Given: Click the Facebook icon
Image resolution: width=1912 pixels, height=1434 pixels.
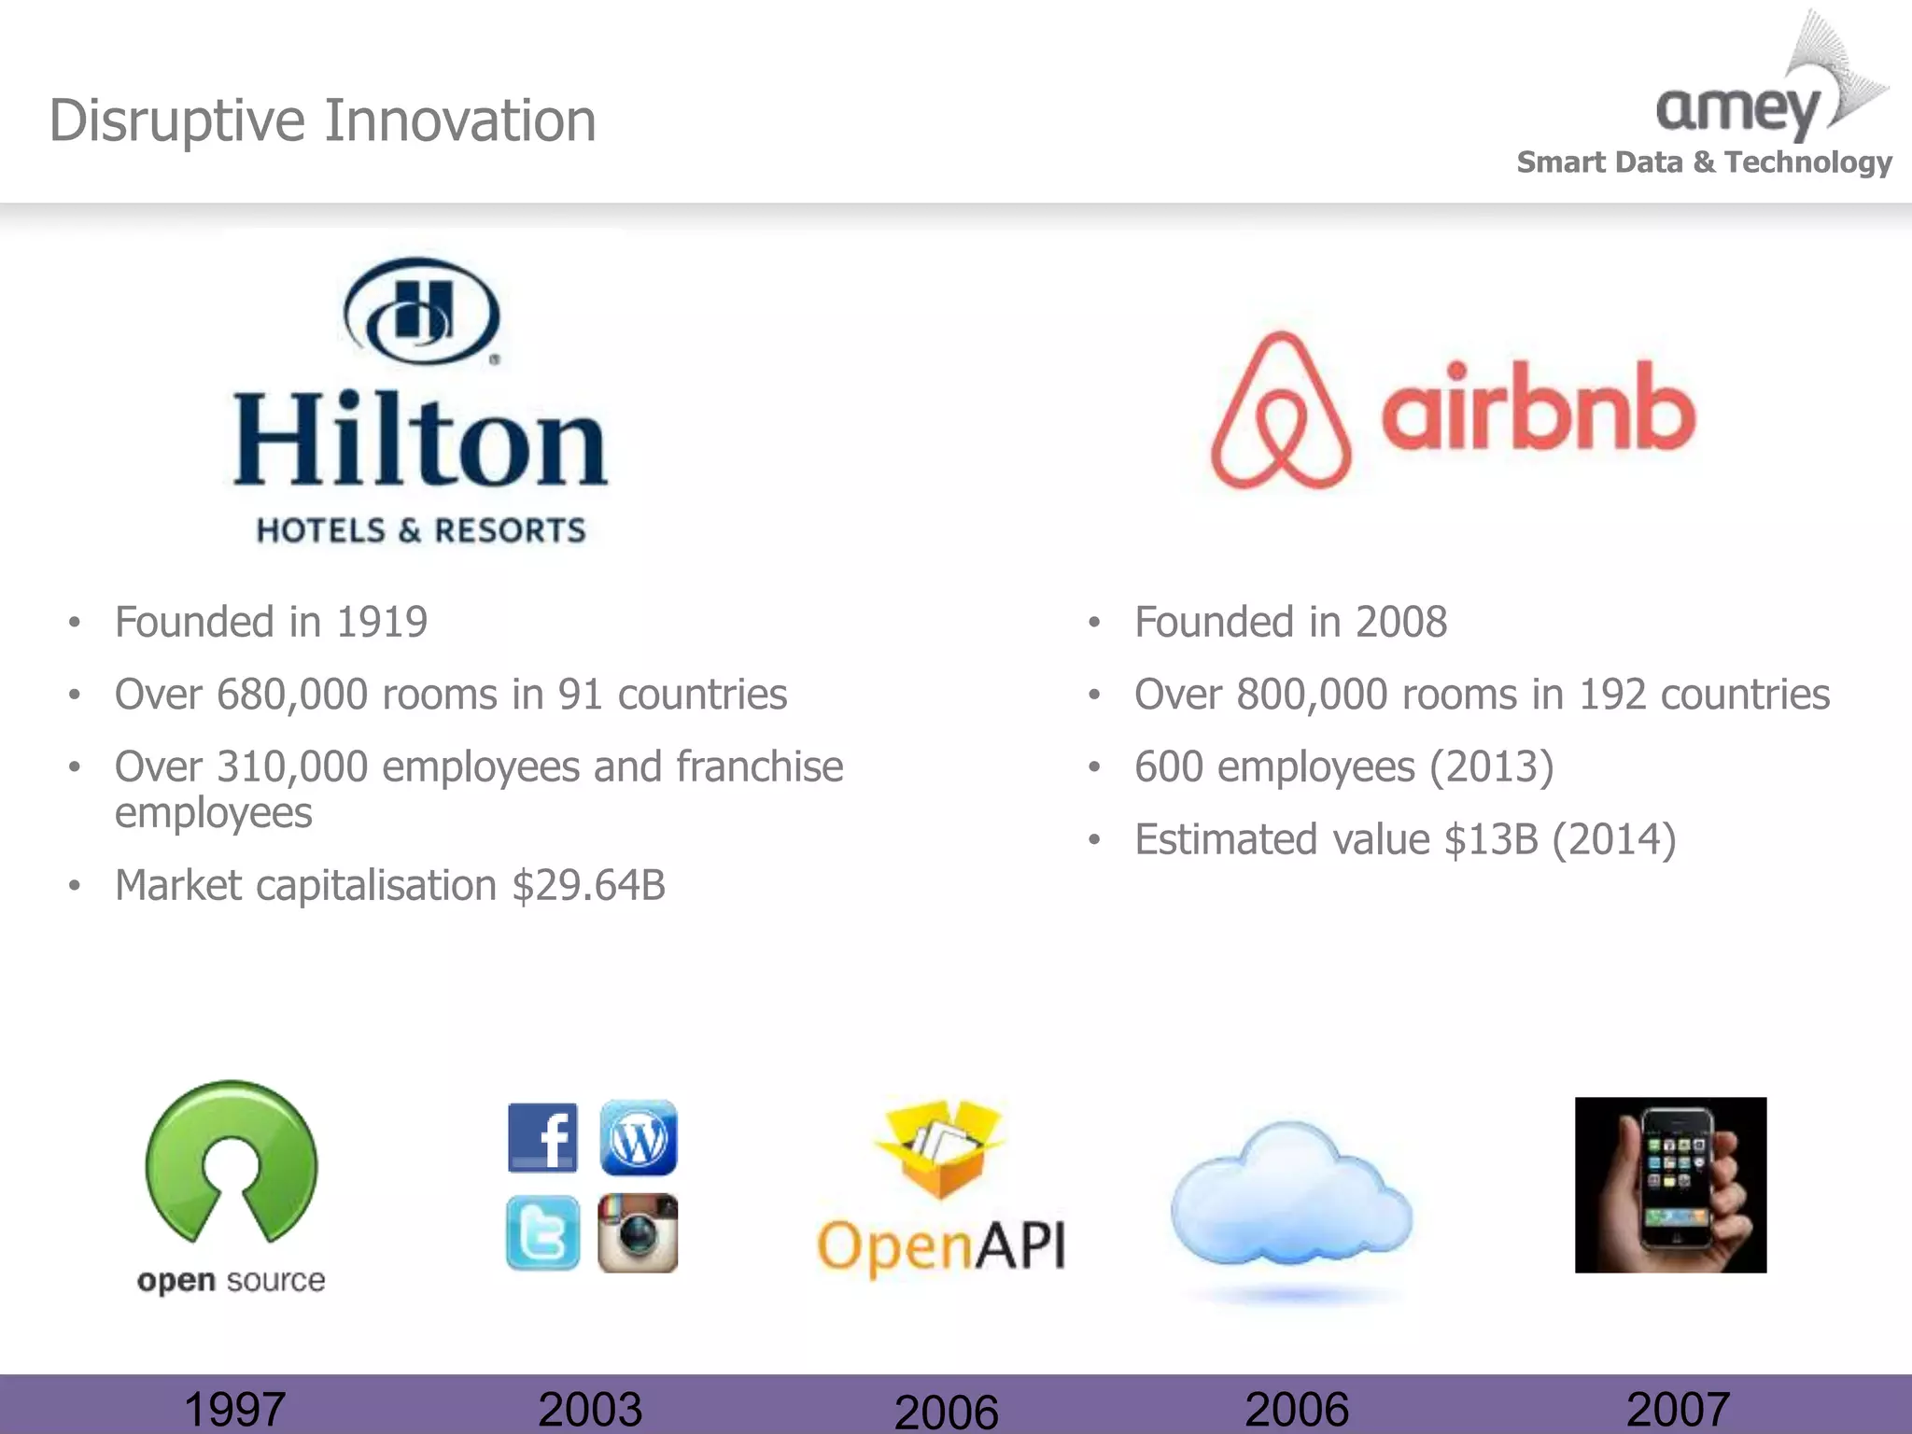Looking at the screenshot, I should click(542, 1137).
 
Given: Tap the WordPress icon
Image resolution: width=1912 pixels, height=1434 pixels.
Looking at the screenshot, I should click(639, 1137).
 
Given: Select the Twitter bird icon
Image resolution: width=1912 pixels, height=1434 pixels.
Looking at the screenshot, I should click(542, 1233).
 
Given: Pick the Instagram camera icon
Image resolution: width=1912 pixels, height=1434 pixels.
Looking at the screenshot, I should click(638, 1233).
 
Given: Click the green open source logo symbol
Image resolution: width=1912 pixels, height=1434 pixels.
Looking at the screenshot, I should click(232, 1162).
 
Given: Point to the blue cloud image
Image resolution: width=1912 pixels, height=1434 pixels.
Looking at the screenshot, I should click(1291, 1195).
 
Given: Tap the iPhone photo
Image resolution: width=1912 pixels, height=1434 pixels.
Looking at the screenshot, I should click(1670, 1185).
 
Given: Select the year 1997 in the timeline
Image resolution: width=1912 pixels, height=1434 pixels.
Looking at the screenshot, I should click(234, 1409).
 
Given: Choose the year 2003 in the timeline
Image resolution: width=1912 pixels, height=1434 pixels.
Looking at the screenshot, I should click(590, 1409).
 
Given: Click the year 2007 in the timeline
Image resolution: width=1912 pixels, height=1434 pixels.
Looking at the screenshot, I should click(1678, 1409).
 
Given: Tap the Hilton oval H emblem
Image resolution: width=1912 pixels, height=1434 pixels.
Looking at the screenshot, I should click(422, 311).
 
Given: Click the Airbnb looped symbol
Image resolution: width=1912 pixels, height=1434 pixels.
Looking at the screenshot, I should click(1281, 411).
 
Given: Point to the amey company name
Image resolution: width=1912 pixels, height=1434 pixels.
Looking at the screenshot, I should click(1738, 110).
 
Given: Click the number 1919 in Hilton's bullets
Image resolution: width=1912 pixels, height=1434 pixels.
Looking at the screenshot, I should click(382, 622).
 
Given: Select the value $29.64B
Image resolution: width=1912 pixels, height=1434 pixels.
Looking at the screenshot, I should click(588, 885).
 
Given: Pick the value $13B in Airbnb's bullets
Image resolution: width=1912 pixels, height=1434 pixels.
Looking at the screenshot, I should click(1490, 839).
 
